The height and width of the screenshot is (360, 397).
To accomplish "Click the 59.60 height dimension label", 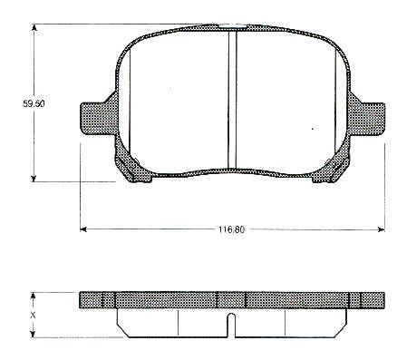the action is pos(34,103).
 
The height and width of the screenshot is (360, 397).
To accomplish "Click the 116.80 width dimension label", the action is pos(231,229).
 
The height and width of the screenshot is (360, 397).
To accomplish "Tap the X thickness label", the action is pos(33,316).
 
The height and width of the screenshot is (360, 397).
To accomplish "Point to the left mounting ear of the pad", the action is pos(97,119).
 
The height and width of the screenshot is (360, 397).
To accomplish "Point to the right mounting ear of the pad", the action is pos(367,119).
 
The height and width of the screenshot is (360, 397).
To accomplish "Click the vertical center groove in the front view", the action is pos(232,100).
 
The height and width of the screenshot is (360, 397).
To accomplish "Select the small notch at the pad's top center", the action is pos(232,27).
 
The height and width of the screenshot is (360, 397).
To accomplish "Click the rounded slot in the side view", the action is pos(231,325).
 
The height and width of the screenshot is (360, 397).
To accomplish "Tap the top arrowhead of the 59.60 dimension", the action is pos(34,27).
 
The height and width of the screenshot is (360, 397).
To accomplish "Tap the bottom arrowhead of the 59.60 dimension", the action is pos(34,178).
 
